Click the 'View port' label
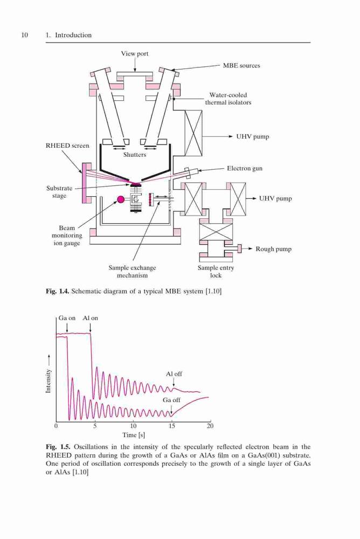click(134, 53)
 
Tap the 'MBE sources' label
click(241, 66)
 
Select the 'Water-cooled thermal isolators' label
click(228, 99)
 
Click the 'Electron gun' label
click(245, 168)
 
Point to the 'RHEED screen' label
click(67, 146)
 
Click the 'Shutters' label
click(135, 155)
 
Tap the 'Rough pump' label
click(273, 249)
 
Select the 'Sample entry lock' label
click(216, 272)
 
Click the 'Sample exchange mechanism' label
click(132, 272)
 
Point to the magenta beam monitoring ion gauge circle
click(121, 199)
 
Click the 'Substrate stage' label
click(59, 192)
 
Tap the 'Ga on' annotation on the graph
click(67, 318)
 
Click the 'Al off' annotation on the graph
click(174, 374)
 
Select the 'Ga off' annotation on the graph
click(171, 400)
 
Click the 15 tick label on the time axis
click(171, 426)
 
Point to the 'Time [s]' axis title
click(134, 435)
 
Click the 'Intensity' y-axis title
click(48, 381)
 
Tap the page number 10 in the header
click(24, 35)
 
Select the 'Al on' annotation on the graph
click(90, 318)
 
